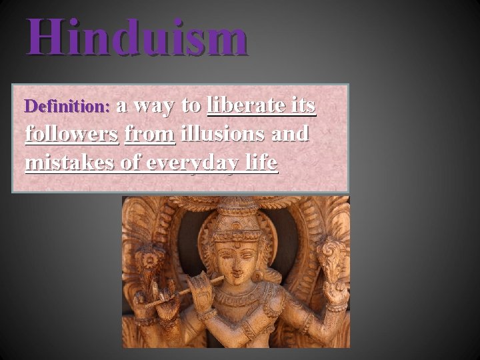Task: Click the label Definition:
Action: pyautogui.click(x=67, y=107)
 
